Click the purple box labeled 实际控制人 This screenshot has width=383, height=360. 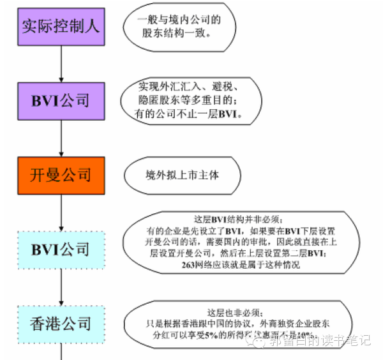61,27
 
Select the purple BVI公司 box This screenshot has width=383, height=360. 61,101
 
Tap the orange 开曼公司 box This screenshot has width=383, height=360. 61,174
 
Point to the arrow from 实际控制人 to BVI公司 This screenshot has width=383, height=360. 61,64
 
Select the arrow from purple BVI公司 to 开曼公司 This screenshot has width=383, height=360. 61,138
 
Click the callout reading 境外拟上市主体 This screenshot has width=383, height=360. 182,174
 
